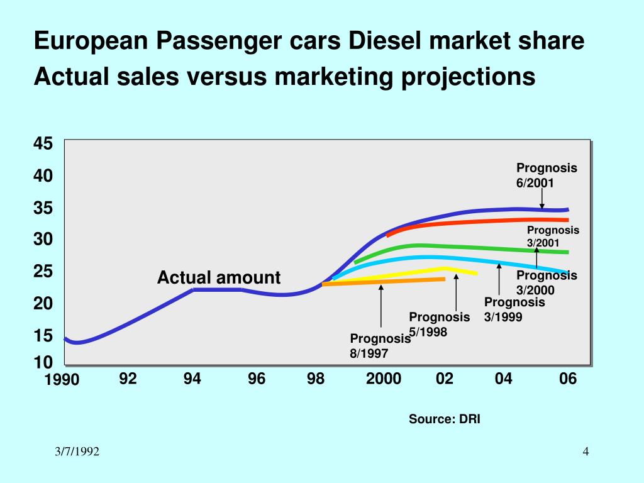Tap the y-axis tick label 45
point(43,144)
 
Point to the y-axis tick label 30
point(43,240)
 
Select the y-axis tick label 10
point(43,363)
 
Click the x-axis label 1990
point(62,379)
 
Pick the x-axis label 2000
point(384,379)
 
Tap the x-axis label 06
point(568,379)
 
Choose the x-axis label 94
point(192,379)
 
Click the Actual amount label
point(218,278)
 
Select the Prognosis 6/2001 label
point(547,175)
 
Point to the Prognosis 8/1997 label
point(380,346)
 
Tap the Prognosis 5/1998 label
point(439,324)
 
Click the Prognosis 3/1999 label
point(514,309)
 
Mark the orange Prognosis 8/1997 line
point(384,282)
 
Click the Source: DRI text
point(444,419)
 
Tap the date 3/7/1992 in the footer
point(76,453)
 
